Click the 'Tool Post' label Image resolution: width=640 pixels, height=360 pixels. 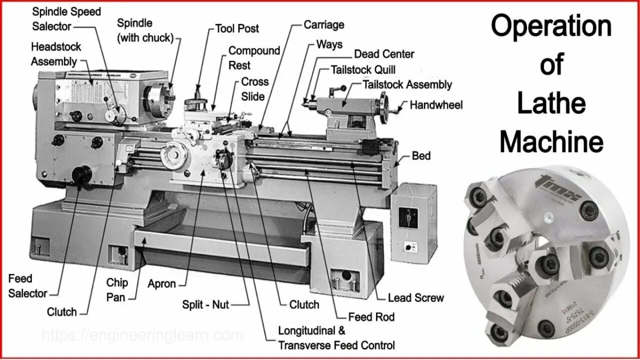coord(236,28)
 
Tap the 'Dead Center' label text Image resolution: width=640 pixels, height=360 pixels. coord(384,54)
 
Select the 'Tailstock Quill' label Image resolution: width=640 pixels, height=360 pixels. coord(363,70)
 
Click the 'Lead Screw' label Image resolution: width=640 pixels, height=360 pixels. coord(415,298)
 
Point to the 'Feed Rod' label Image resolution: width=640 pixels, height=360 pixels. coord(371,317)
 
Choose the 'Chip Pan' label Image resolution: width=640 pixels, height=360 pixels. coord(117,290)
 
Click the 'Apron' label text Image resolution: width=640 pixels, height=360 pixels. coord(161,284)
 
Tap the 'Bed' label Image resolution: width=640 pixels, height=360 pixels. coord(421,156)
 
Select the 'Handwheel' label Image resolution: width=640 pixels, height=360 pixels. coord(436,105)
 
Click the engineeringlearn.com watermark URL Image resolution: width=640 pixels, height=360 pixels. coord(142,335)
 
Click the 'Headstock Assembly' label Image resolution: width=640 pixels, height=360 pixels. coord(55,54)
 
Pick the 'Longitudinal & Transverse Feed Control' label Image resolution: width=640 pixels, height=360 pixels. coord(336,338)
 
